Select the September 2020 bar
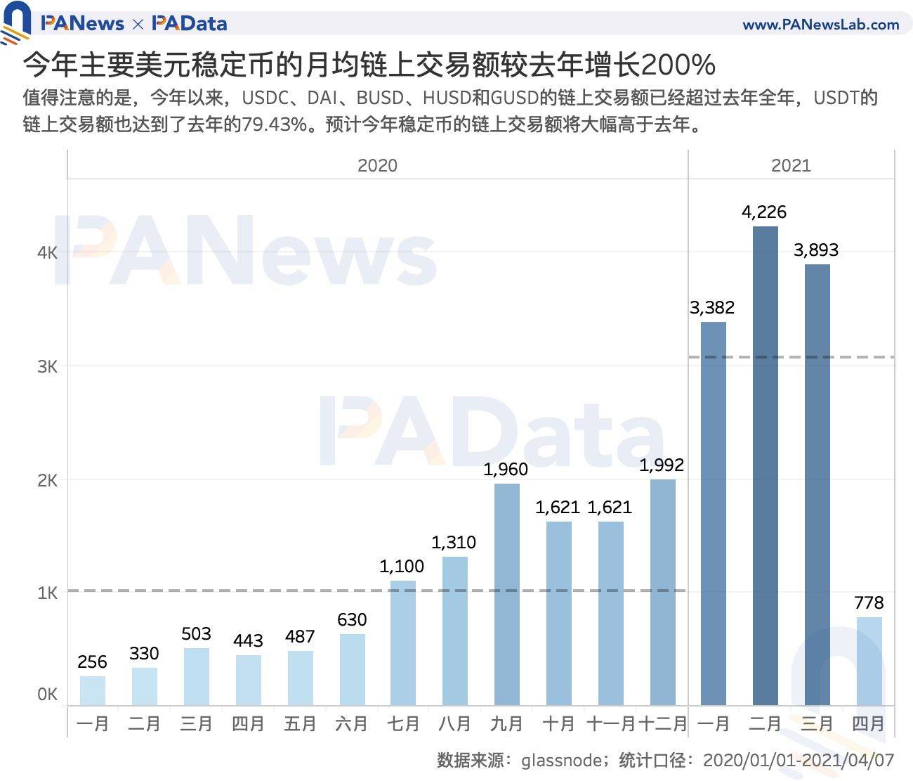pos(506,594)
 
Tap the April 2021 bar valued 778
pos(869,661)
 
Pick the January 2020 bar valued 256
pos(93,690)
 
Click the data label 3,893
pos(816,250)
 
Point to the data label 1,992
pos(662,465)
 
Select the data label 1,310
pos(454,543)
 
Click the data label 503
pos(196,634)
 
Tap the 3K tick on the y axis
pos(48,367)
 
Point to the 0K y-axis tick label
pos(48,695)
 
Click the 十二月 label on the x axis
pos(662,724)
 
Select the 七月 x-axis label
pos(402,724)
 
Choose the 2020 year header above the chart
pos(377,166)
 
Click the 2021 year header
pos(791,166)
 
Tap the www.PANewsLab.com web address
pos(820,25)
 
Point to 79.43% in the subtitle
pos(275,124)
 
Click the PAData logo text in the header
pos(190,24)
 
